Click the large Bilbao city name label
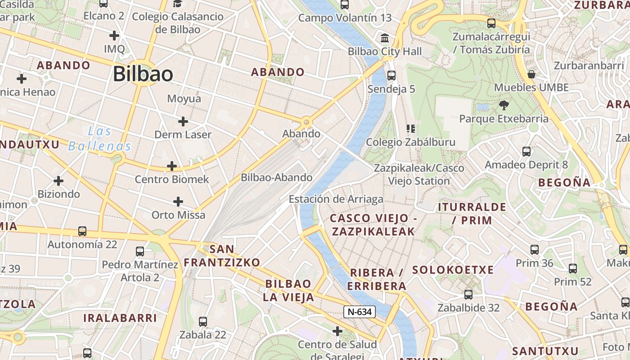click(x=143, y=74)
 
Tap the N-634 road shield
click(x=360, y=311)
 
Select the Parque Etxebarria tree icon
click(x=504, y=105)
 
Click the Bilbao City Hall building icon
click(x=385, y=38)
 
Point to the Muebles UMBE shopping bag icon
click(x=531, y=74)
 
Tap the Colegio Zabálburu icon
click(x=410, y=129)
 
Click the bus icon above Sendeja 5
click(x=391, y=75)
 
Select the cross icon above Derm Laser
click(x=183, y=121)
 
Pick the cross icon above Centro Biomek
click(x=172, y=166)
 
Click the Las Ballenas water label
click(x=100, y=139)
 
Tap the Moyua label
click(x=184, y=99)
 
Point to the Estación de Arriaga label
click(x=336, y=199)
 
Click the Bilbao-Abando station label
click(x=277, y=177)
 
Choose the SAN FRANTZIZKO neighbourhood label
click(x=222, y=256)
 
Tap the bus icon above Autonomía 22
click(x=82, y=231)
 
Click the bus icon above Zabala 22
click(x=203, y=321)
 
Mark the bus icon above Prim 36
click(x=535, y=249)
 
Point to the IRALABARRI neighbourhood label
click(x=120, y=318)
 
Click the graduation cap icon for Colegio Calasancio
click(x=178, y=4)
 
